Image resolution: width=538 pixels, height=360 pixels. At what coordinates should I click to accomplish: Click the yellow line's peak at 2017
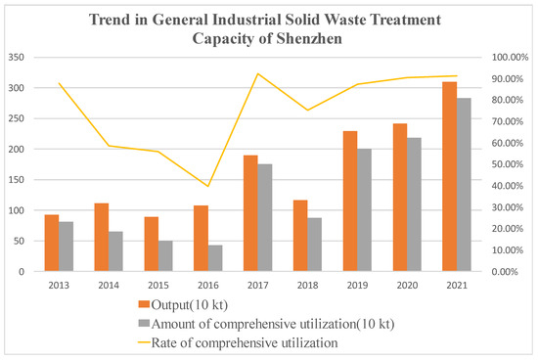[258, 73]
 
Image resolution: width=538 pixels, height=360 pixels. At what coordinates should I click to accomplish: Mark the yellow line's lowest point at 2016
[208, 186]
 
